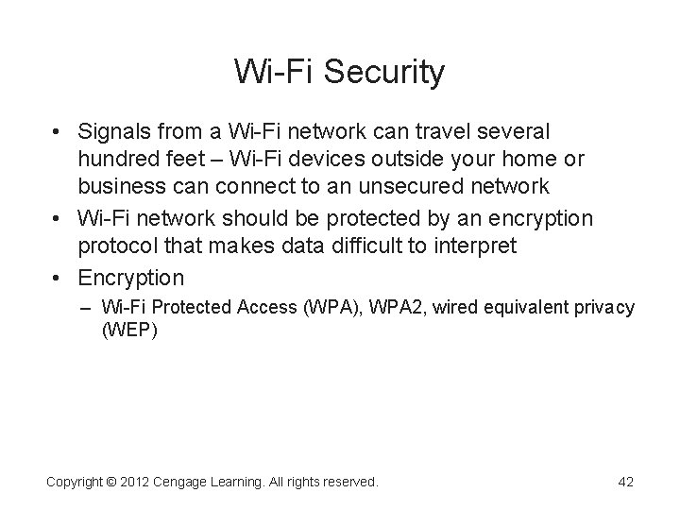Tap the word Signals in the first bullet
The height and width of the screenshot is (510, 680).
[113, 128]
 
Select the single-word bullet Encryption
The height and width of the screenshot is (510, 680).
[131, 278]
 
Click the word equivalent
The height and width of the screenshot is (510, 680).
[524, 308]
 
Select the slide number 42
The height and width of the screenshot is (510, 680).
[624, 482]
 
